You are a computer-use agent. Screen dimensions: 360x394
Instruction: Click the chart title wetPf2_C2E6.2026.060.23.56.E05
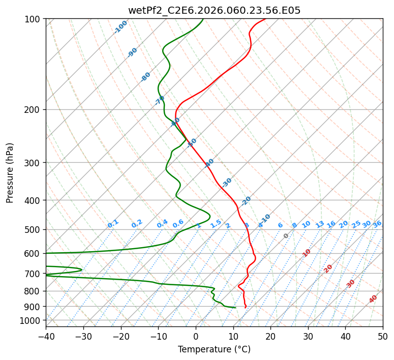coord(214,10)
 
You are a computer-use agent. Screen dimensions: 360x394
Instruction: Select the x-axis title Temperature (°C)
coord(214,349)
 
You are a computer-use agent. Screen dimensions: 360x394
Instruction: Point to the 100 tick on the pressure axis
coord(35,19)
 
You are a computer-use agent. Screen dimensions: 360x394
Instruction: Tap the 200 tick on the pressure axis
coord(35,109)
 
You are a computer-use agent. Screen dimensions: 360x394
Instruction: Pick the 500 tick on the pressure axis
coord(35,229)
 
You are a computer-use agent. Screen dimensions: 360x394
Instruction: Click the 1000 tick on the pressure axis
coord(33,321)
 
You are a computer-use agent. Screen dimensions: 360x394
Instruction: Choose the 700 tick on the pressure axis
coord(35,274)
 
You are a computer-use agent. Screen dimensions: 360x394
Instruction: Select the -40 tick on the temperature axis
coord(46,336)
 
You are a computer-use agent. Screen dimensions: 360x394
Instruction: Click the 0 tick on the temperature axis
coord(196,336)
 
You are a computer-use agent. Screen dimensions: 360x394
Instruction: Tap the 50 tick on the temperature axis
coord(383,336)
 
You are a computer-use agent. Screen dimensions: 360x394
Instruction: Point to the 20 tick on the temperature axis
coord(270,336)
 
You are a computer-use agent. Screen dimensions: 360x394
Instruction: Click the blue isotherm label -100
coord(120,27)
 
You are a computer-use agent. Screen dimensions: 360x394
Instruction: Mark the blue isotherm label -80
coord(146,77)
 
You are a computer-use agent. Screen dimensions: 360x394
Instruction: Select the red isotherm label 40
coord(373,299)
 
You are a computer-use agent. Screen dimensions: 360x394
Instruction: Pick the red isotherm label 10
coord(307,253)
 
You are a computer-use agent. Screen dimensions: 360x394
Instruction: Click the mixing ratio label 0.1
coord(113,224)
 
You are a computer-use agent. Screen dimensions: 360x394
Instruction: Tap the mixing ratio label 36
coord(377,224)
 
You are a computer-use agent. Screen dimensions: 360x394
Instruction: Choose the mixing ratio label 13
coord(320,224)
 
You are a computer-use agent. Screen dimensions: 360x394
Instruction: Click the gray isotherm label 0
coord(286,236)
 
